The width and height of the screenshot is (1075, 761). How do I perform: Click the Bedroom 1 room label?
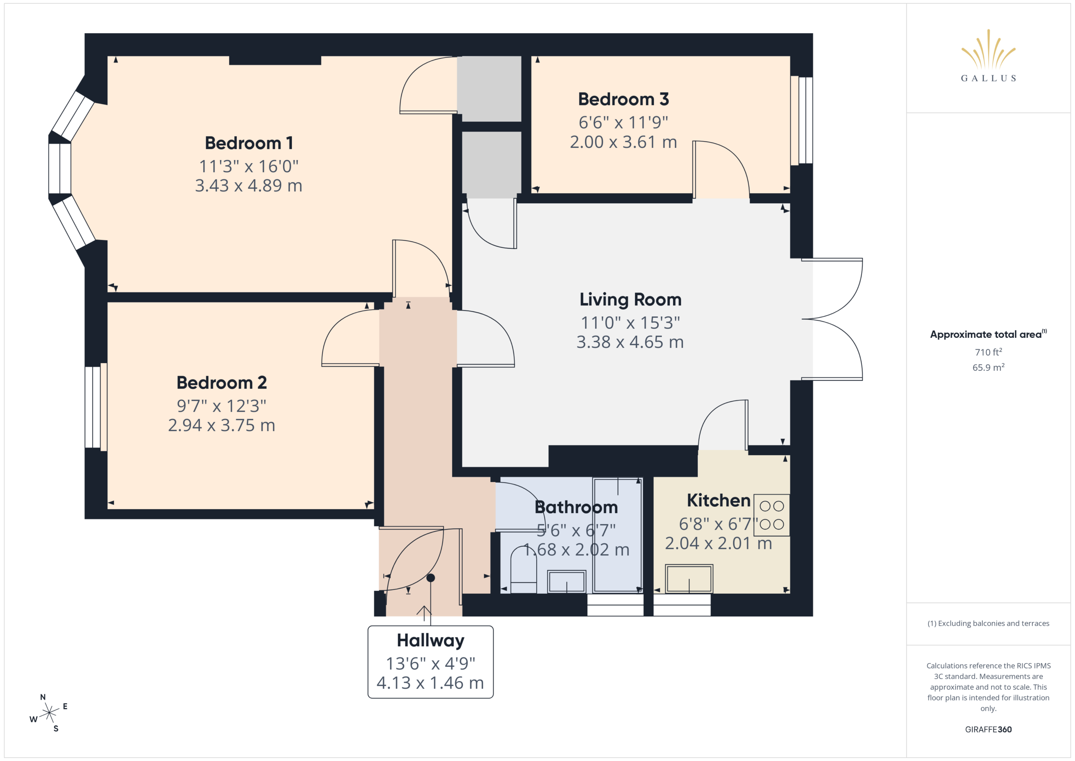point(249,143)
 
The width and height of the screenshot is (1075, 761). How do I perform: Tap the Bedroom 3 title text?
point(623,99)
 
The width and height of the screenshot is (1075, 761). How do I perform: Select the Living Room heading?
point(630,300)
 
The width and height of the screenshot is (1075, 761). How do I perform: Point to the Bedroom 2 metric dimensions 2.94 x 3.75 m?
point(221,425)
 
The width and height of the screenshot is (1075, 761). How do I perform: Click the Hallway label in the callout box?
point(430,640)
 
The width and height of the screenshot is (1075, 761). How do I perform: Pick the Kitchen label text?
point(718,500)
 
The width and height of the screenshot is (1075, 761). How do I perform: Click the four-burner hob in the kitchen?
point(771,515)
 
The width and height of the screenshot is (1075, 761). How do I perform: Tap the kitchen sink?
point(689,579)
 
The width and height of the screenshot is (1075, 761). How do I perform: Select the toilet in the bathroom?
point(524,569)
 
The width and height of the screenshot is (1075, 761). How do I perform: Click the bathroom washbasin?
point(566,582)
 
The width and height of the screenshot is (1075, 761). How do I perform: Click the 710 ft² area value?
point(988,352)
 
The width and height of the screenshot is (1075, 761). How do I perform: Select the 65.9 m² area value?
point(988,367)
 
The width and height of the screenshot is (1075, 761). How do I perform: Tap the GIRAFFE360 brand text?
point(988,729)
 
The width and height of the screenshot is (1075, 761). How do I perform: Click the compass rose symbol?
point(49,713)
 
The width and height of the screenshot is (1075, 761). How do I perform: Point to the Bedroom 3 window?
point(802,121)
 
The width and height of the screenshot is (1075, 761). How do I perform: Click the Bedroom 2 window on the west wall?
point(96,407)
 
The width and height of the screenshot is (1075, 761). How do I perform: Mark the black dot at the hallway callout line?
point(431,578)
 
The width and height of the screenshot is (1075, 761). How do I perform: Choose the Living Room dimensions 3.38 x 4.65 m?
point(630,342)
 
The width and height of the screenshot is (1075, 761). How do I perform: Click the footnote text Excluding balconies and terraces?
point(994,623)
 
